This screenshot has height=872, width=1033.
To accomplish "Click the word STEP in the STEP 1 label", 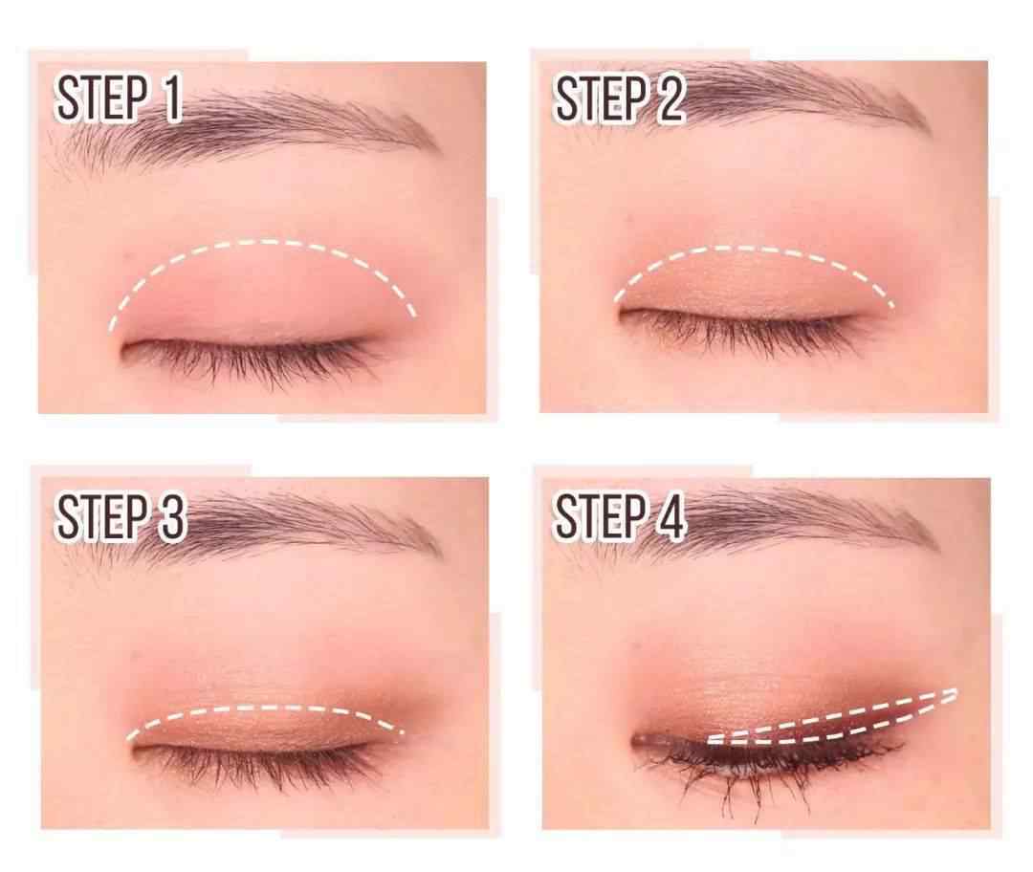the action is coord(101,98).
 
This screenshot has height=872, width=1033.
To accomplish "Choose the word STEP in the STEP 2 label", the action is coord(600,98).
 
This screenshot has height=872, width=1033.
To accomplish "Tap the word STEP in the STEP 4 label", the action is coord(600,517).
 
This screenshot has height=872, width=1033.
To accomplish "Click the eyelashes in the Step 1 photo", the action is coord(251,359).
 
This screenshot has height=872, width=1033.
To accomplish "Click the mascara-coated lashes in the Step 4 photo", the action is coord(758,767).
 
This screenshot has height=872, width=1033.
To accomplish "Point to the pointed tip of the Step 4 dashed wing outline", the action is coord(956,691).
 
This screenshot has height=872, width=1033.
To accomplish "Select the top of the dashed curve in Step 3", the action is coord(264,708).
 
